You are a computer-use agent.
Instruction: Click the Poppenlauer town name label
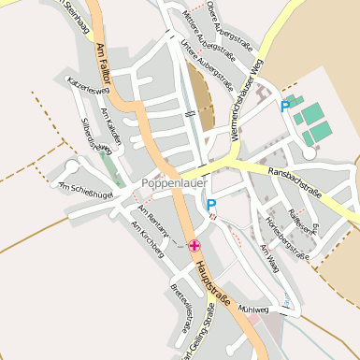[173, 183]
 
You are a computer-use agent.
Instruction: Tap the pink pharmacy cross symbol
[194, 246]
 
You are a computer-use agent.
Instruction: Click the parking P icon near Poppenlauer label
[211, 205]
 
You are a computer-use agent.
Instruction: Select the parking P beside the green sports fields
[285, 107]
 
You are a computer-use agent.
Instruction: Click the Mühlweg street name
[253, 308]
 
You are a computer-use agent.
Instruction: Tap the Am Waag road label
[270, 257]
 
